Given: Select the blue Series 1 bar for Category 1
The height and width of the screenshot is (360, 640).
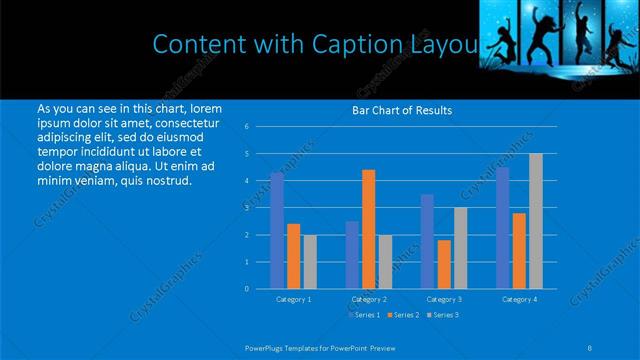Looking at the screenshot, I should coord(277,230).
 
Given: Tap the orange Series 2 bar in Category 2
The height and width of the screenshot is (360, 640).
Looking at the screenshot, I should coord(368,228).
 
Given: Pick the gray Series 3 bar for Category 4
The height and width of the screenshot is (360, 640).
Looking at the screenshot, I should coord(535,220).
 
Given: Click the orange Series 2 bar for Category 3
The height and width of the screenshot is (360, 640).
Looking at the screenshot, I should coord(443,264).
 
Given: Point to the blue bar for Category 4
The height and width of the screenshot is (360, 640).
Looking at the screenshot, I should coord(503,228).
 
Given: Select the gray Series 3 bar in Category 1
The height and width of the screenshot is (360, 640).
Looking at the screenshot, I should coord(309,261).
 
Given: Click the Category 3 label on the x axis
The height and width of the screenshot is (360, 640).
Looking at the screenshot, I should coord(443,299).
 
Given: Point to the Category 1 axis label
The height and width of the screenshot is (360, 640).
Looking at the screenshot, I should coord(293,299).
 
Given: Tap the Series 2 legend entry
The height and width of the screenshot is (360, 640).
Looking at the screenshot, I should coord(404,315).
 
